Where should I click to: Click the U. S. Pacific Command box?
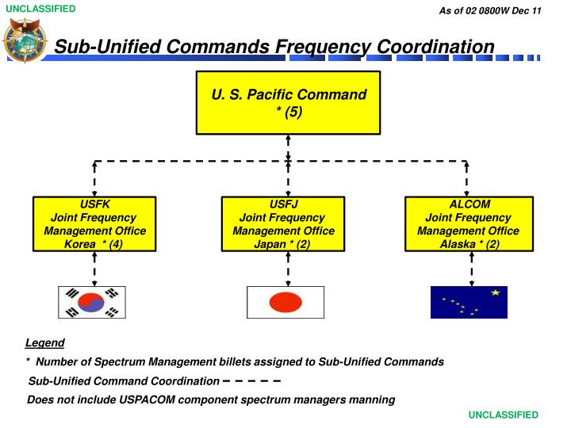point(288,103)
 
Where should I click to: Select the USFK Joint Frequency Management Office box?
point(94,224)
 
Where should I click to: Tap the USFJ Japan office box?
point(283,224)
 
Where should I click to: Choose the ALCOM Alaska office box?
point(468,224)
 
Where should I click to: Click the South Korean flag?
point(92,302)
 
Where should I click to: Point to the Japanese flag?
point(285,302)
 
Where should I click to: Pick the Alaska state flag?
point(468,302)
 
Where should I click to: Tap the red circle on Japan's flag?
point(285,302)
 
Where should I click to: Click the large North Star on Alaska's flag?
point(496,293)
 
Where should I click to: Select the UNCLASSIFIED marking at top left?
point(40,10)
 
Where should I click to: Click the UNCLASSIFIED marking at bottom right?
point(503,415)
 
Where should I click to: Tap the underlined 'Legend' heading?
point(44,343)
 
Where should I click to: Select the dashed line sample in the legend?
point(252,381)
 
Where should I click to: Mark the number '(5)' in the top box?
point(289,112)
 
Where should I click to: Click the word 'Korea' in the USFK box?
point(80,244)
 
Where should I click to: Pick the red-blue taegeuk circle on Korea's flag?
point(92,302)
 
